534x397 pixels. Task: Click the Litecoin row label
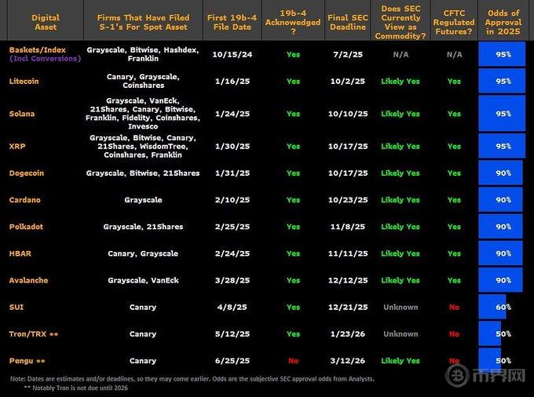click(25, 81)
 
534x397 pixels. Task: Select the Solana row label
click(22, 114)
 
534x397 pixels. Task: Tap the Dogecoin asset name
click(27, 173)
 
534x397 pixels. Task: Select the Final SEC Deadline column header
click(348, 22)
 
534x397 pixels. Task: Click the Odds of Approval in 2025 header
click(503, 22)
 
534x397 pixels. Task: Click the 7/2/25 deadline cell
click(348, 55)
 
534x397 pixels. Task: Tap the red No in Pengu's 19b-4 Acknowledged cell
click(293, 360)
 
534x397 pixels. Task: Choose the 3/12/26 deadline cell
click(348, 360)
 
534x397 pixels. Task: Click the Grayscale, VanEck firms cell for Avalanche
click(143, 280)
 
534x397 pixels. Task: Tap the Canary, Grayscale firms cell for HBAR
click(143, 253)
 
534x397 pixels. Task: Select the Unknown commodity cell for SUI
click(400, 307)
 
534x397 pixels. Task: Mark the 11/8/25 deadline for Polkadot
click(348, 227)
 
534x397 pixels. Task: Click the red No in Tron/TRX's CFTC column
click(454, 333)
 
